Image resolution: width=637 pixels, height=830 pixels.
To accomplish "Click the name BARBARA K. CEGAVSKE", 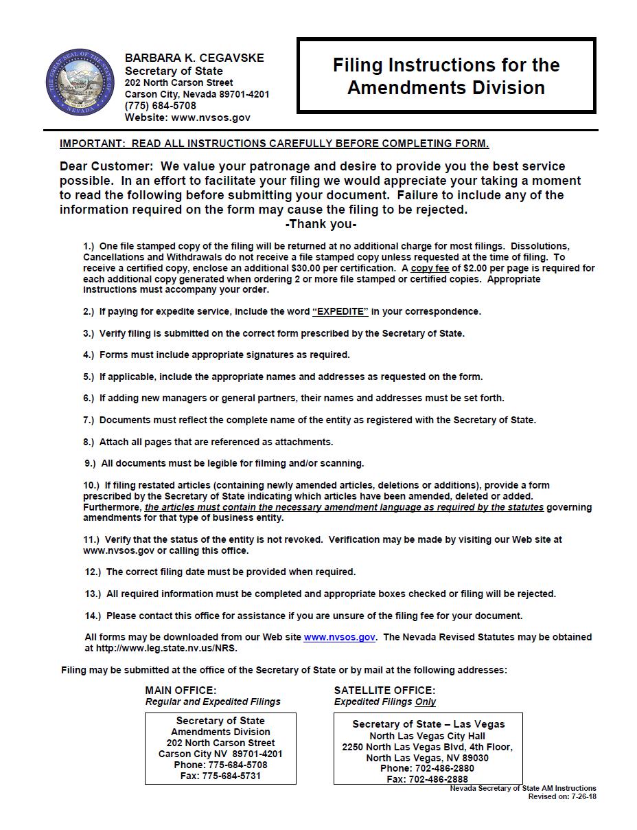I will [x=194, y=58].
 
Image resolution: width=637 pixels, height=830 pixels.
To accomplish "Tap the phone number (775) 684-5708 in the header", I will [x=160, y=106].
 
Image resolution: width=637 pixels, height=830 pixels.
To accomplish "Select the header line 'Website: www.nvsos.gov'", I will [x=187, y=117].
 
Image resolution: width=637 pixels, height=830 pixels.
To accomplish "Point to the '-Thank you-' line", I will [x=321, y=224].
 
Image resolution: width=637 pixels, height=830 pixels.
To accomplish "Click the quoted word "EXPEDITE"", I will [x=340, y=311].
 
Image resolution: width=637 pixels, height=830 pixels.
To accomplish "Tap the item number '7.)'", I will [x=89, y=420].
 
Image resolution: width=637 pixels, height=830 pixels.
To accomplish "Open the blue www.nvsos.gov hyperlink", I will [x=339, y=637].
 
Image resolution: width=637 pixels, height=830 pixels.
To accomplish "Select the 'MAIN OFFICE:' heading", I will [x=181, y=690].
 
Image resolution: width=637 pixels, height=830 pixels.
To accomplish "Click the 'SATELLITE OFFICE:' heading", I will [x=384, y=690].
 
